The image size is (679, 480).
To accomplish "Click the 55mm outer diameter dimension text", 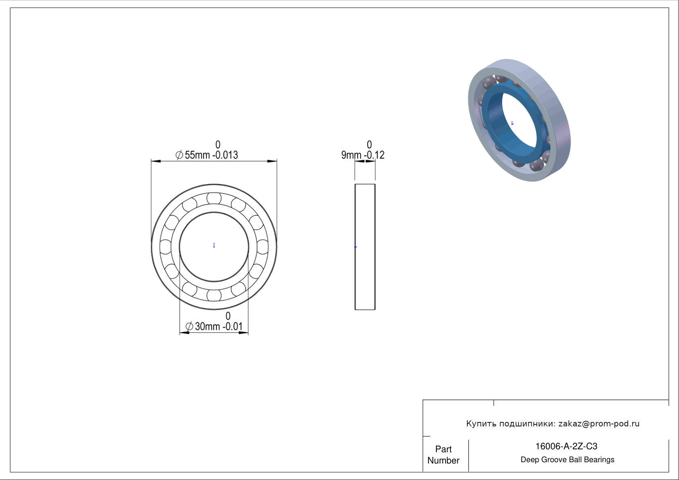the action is coord(197,155).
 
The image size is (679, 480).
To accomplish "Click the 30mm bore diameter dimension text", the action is coord(207,326).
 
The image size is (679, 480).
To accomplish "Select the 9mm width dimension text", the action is coord(351,155).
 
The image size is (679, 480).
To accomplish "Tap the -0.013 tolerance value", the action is coord(225,155).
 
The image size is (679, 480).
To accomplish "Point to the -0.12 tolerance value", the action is coord(374,155).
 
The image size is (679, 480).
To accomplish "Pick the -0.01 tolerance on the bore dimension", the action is coord(233,326).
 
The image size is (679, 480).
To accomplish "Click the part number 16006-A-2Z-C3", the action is coord(566,446).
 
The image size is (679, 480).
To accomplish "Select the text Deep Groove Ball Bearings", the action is coord(567,460).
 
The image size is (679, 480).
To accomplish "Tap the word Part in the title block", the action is coord(443,449).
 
